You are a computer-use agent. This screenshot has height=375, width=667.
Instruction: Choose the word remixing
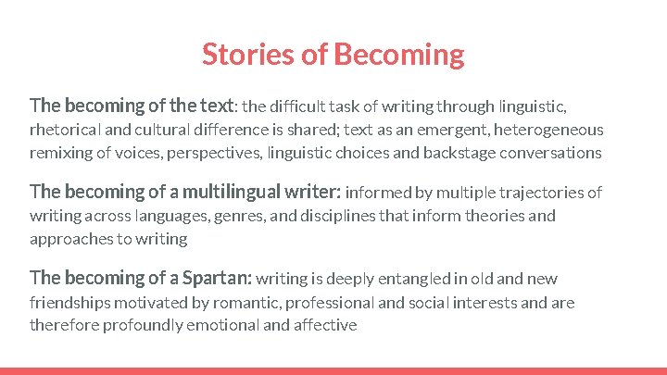pyautogui.click(x=62, y=153)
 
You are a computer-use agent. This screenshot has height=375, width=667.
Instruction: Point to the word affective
pyautogui.click(x=325, y=325)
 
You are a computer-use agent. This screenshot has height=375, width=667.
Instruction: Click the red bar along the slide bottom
pyautogui.click(x=333, y=370)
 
